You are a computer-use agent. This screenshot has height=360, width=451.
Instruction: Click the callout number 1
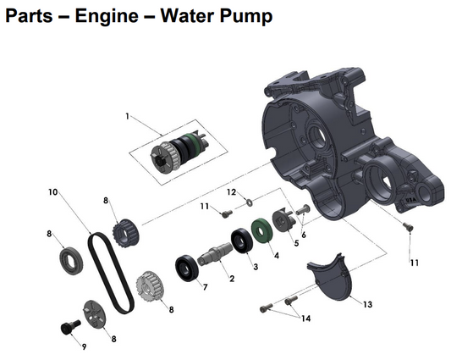tap(128, 116)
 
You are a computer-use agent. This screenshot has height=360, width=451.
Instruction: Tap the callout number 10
tap(52, 193)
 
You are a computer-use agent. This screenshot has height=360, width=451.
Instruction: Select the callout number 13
tap(367, 302)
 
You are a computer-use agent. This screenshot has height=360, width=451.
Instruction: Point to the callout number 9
tap(84, 346)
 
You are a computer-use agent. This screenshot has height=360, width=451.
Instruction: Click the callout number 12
tap(230, 193)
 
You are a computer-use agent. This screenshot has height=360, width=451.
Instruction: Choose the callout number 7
tap(204, 287)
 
